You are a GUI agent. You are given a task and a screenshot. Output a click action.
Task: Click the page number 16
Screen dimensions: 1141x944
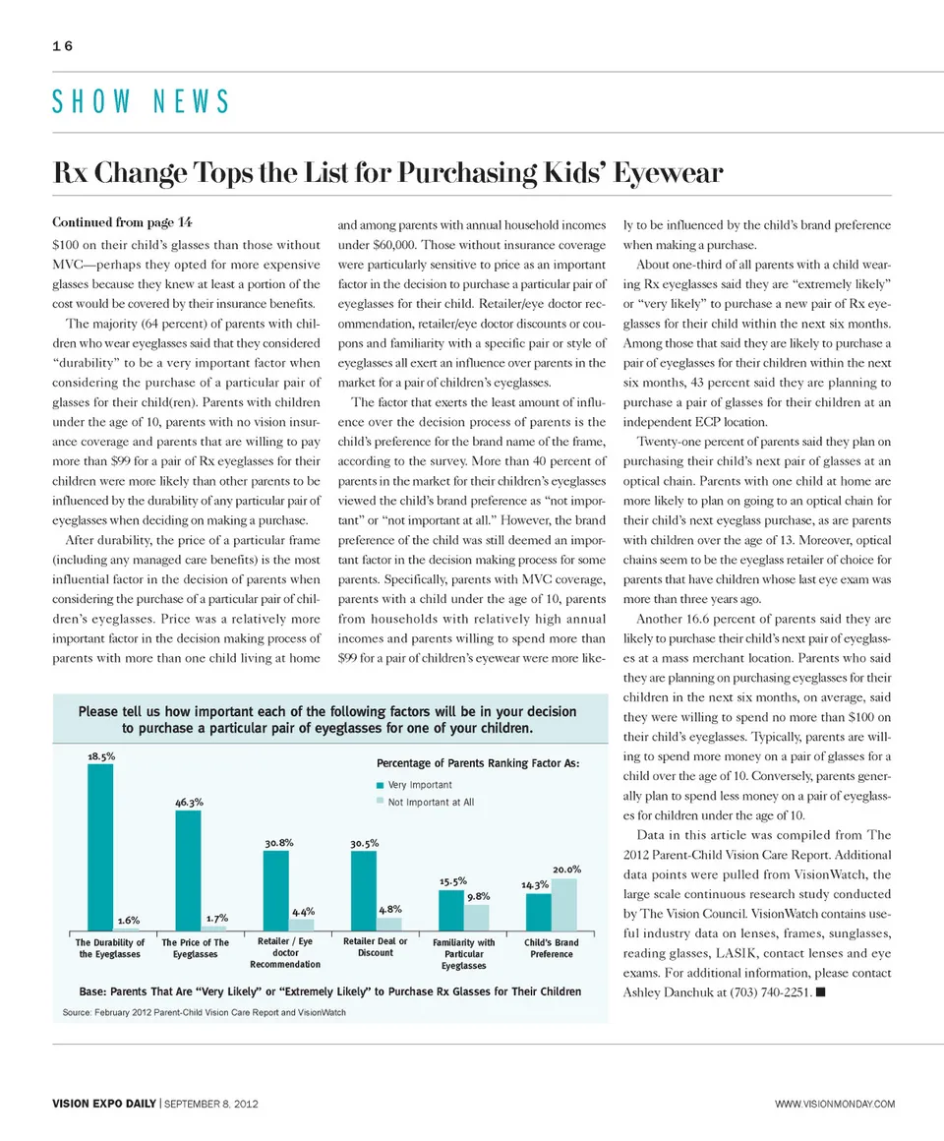(64, 45)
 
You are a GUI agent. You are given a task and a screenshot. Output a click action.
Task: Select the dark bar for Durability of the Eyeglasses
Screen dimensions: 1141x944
(100, 847)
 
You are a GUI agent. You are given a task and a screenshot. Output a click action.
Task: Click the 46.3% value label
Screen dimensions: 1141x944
(189, 803)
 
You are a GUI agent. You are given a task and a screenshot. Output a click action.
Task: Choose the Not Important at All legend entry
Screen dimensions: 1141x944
(430, 803)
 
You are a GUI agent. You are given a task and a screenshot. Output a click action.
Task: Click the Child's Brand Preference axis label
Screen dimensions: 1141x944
(552, 948)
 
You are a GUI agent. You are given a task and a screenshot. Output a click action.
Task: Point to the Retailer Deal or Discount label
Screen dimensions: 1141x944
(376, 947)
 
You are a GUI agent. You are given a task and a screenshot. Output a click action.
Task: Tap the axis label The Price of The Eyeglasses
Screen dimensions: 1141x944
(195, 948)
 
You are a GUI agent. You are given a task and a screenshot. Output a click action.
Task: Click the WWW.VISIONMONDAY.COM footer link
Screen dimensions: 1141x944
(835, 1104)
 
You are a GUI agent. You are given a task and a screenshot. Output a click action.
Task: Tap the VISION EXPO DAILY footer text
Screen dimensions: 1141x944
(104, 1104)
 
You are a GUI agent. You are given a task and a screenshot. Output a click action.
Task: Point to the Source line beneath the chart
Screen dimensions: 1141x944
(204, 1012)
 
